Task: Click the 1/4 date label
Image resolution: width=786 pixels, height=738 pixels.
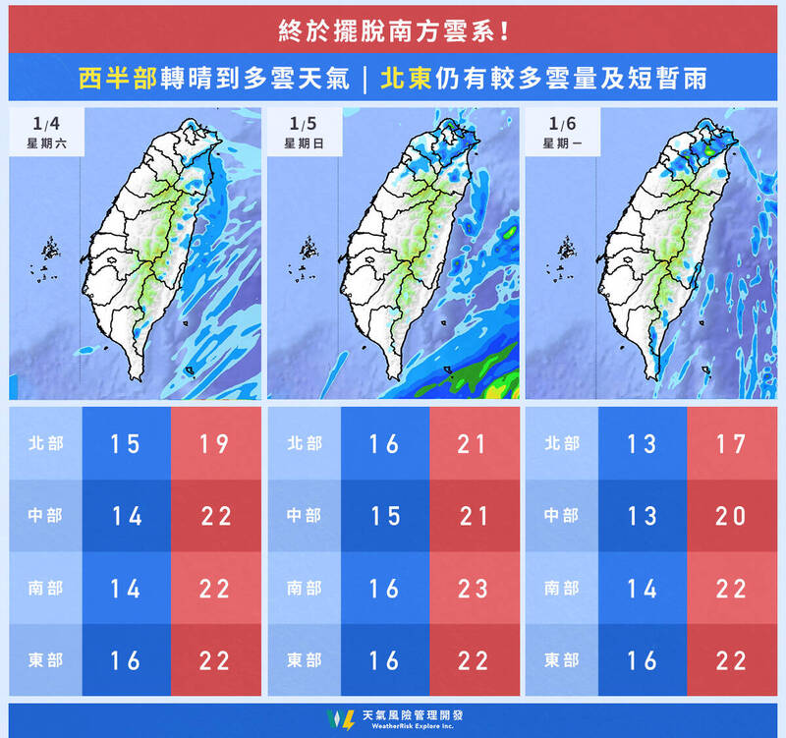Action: coord(46,125)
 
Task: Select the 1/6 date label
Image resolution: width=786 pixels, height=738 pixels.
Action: coord(562,125)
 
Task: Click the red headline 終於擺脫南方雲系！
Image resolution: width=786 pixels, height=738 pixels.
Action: coord(393,29)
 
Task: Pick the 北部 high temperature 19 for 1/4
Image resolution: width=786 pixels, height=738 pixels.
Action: coord(215,444)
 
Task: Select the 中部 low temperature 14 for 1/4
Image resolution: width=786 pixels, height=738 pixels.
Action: coord(127,516)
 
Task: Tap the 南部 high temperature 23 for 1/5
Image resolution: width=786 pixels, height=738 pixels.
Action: coord(474,588)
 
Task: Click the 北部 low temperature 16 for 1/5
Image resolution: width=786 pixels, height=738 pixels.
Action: coord(385,444)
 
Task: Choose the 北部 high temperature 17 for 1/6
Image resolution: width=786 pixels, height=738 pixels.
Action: coord(731,444)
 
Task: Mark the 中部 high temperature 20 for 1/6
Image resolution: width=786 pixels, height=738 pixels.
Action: coord(731,516)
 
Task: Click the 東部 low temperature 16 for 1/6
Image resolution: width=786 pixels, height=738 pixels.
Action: coord(643,659)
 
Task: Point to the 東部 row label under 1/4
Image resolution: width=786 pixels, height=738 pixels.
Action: coord(45,659)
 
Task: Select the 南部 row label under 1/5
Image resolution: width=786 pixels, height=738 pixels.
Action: coord(304,588)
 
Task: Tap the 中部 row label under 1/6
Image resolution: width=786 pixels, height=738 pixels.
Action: coord(562,516)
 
